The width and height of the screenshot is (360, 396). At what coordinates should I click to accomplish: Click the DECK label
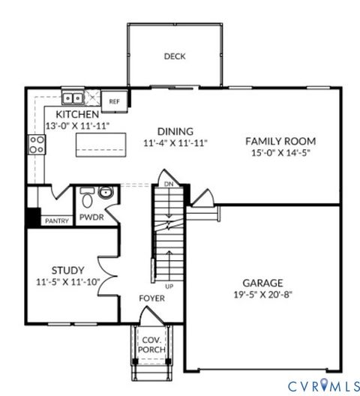tap(174, 56)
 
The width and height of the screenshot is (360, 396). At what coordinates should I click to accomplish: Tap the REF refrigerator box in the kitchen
tap(114, 101)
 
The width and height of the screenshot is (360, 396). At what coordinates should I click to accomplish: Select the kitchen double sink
tap(73, 97)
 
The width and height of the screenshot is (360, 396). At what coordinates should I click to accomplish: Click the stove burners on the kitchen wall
tap(35, 143)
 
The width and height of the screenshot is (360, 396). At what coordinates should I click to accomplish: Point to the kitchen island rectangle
tap(100, 143)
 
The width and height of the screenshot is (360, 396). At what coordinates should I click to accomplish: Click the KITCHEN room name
tap(73, 114)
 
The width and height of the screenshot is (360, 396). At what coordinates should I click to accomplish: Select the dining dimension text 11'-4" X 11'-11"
tap(175, 142)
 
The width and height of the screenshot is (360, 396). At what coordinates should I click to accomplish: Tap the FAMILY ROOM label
tap(280, 140)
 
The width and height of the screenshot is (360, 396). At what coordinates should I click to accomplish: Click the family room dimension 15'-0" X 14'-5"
tap(280, 153)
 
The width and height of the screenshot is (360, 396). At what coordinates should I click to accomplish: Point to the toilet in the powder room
tap(86, 198)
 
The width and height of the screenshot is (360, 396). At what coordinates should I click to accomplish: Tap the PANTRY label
tap(56, 221)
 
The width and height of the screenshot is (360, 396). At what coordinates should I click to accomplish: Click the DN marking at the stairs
tap(169, 182)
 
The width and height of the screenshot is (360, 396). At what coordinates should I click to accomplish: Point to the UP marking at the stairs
tap(170, 287)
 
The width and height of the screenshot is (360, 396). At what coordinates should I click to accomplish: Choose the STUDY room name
tap(67, 270)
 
